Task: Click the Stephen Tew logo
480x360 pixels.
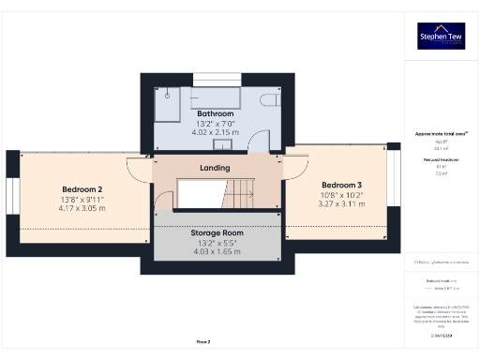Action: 441,37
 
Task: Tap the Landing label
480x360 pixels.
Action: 215,168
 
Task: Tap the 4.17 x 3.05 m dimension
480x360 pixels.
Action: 82,207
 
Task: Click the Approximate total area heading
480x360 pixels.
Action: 440,134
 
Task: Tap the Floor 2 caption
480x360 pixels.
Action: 202,341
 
